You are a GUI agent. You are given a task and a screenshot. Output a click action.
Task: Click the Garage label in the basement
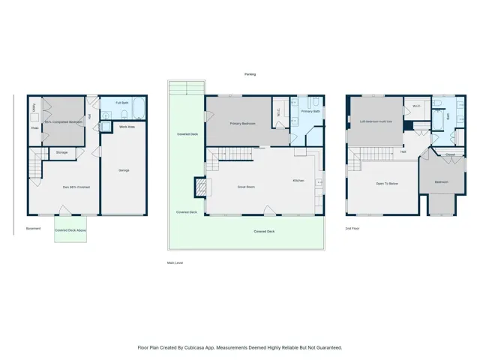pos(124,170)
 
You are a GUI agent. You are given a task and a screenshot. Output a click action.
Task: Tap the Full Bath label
pos(121,102)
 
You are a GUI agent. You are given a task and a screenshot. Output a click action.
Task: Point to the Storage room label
pos(61,152)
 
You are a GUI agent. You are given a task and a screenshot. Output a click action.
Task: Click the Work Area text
pos(127,127)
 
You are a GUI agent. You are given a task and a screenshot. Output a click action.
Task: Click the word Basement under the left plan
pos(34,228)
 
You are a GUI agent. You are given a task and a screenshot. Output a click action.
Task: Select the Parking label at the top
pos(250,73)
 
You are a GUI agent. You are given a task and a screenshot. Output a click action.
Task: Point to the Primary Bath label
pos(311,111)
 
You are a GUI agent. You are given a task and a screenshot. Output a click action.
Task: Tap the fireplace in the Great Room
pos(200,185)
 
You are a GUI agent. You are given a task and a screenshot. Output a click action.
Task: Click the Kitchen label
pos(298,181)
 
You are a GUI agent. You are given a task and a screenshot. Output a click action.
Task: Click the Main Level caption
pos(175,262)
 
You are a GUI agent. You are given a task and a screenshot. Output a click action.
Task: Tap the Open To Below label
pos(387,183)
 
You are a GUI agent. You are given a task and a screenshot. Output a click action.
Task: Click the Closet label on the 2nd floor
pos(450,154)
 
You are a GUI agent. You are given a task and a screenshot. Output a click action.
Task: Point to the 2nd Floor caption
pos(352,228)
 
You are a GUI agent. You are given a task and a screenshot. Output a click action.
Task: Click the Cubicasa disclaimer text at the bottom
pos(240,347)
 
